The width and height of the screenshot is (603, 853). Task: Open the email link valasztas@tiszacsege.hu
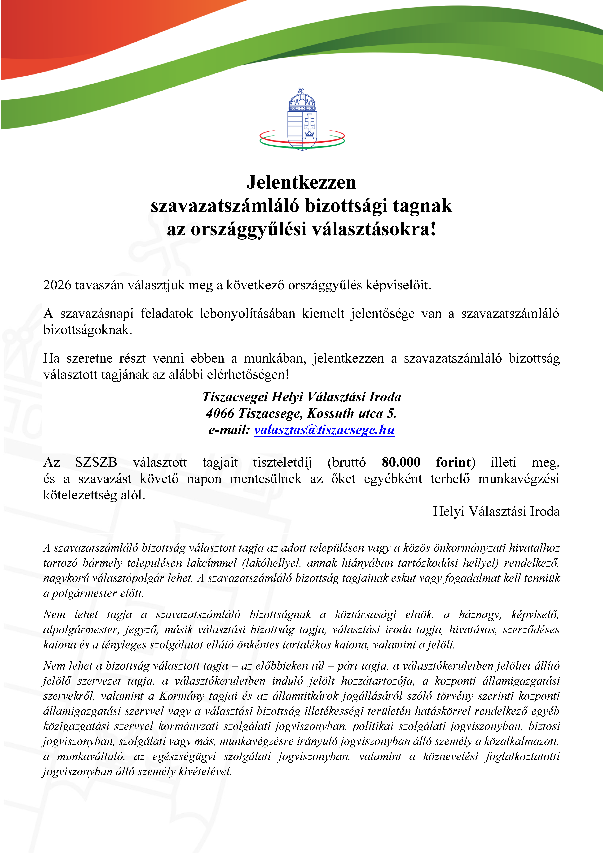pos(324,430)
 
